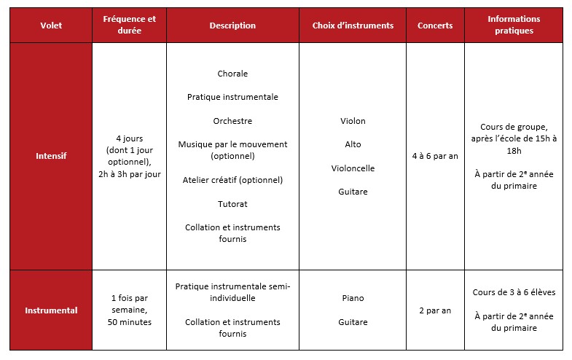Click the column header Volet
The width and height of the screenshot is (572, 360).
pyautogui.click(x=51, y=26)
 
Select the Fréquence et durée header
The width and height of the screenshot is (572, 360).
pyautogui.click(x=129, y=26)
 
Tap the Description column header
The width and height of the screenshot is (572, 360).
pyautogui.click(x=232, y=26)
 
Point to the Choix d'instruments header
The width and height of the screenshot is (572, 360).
pyautogui.click(x=353, y=26)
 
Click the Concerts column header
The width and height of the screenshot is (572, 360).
pyautogui.click(x=435, y=26)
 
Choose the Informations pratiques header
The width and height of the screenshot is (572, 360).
pyautogui.click(x=513, y=26)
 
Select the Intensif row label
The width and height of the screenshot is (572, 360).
pyautogui.click(x=51, y=156)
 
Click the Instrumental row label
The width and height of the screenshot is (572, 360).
pyautogui.click(x=51, y=310)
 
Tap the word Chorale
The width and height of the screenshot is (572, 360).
pyautogui.click(x=232, y=74)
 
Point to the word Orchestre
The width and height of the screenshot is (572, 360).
pyautogui.click(x=232, y=121)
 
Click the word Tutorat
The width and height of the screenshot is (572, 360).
pyautogui.click(x=232, y=204)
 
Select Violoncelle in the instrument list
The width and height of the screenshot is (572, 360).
pyautogui.click(x=353, y=168)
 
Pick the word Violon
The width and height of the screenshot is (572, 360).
pyautogui.click(x=353, y=121)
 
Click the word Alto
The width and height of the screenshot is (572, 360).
pyautogui.click(x=353, y=144)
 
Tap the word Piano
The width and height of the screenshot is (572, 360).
pyautogui.click(x=353, y=298)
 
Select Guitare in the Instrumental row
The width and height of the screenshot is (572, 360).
pyautogui.click(x=353, y=322)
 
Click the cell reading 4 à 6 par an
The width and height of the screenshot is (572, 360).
pyautogui.click(x=435, y=156)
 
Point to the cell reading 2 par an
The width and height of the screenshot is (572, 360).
pyautogui.click(x=435, y=310)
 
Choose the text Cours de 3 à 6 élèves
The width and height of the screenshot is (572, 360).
pyautogui.click(x=513, y=293)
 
